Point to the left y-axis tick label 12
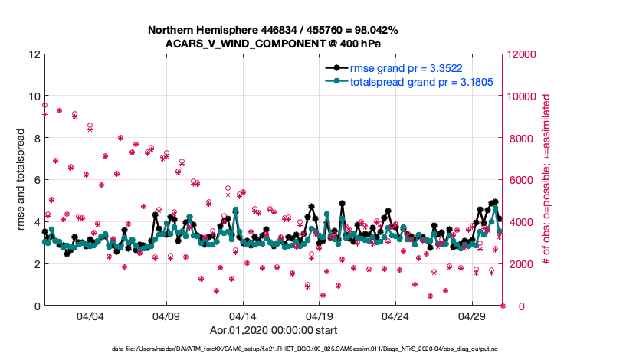pos(34,54)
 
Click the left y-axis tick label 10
pos(34,97)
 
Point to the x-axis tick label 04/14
pos(242,316)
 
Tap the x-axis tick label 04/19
pos(319,316)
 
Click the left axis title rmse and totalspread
pos(21,180)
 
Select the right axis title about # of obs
pos(546,180)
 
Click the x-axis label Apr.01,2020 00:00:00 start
pos(274,331)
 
